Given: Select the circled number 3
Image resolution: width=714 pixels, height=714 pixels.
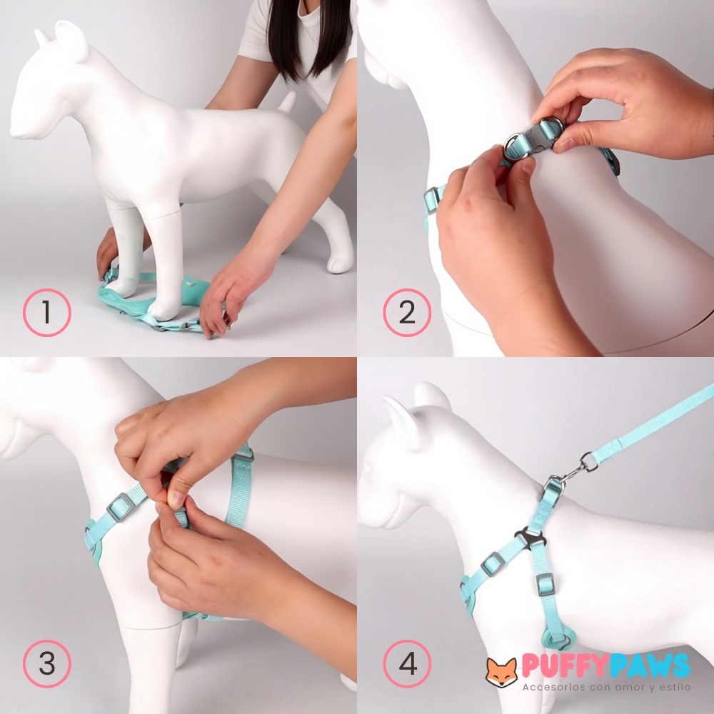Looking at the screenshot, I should [x=47, y=664].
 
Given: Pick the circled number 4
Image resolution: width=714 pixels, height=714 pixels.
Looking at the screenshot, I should [x=407, y=664].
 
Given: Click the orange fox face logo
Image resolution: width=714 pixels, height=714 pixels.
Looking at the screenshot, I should [x=501, y=672].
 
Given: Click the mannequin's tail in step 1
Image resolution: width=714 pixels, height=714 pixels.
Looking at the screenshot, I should [x=287, y=102].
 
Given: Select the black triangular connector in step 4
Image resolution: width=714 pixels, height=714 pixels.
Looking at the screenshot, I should [x=530, y=538].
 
